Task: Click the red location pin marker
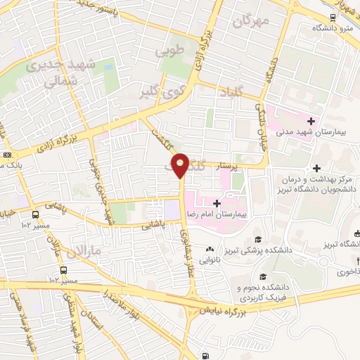tap(181, 164)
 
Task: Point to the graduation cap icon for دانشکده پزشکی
tap(257, 240)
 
